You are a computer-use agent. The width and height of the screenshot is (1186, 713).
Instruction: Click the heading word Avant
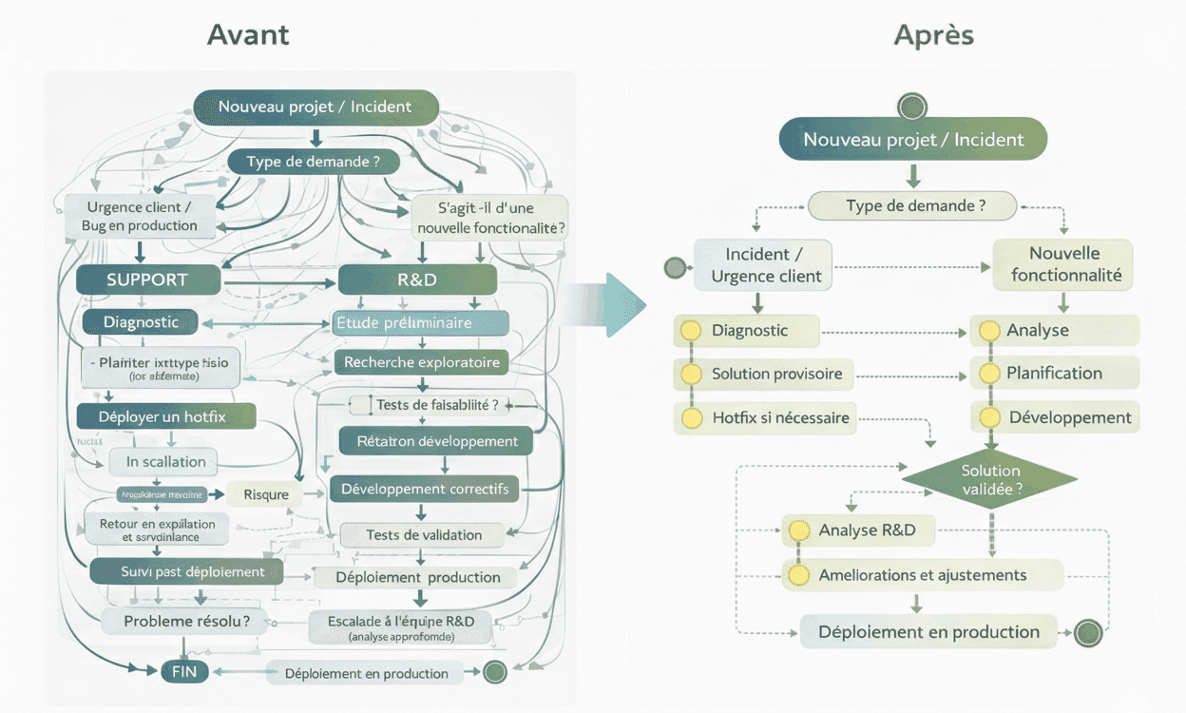coord(248,35)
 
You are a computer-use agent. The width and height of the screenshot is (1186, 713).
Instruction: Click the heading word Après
coord(933,35)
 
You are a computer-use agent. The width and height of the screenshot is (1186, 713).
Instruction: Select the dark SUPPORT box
coord(147,279)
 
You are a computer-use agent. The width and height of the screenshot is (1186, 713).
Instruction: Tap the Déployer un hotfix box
coord(166,416)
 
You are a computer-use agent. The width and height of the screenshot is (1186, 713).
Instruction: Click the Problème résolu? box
coord(187,621)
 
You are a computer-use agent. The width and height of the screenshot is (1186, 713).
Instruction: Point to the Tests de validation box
coord(424,535)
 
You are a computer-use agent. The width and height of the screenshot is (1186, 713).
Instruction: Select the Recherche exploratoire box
coord(421,362)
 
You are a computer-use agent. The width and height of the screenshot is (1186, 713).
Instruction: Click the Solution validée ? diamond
coord(990,480)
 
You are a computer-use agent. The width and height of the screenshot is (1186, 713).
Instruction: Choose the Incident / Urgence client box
coord(763,265)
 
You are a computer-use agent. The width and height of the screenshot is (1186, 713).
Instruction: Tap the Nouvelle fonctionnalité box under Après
coord(1064,264)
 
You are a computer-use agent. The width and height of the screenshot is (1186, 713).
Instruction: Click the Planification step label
coord(1054,374)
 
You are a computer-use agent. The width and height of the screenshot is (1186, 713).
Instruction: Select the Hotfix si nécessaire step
coord(779,417)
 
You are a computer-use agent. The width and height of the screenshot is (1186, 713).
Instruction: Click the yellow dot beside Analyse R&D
coord(799,530)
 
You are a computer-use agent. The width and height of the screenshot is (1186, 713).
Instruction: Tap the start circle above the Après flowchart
coord(912,106)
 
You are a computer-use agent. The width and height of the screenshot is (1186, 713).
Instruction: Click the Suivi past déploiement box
coord(186,571)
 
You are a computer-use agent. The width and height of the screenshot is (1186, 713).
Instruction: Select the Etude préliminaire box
coord(418,323)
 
